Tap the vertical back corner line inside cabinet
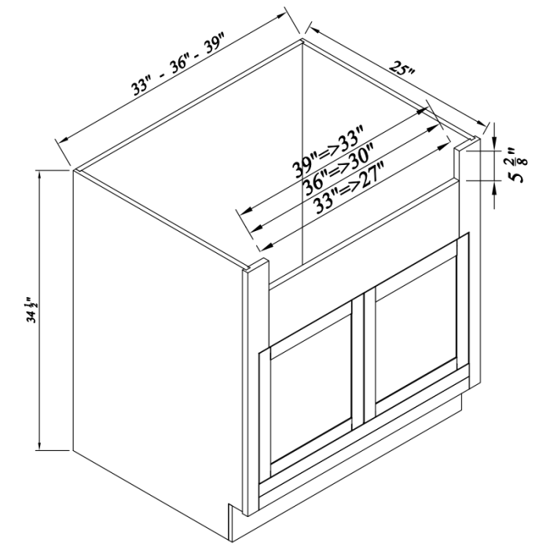point(304,157)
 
